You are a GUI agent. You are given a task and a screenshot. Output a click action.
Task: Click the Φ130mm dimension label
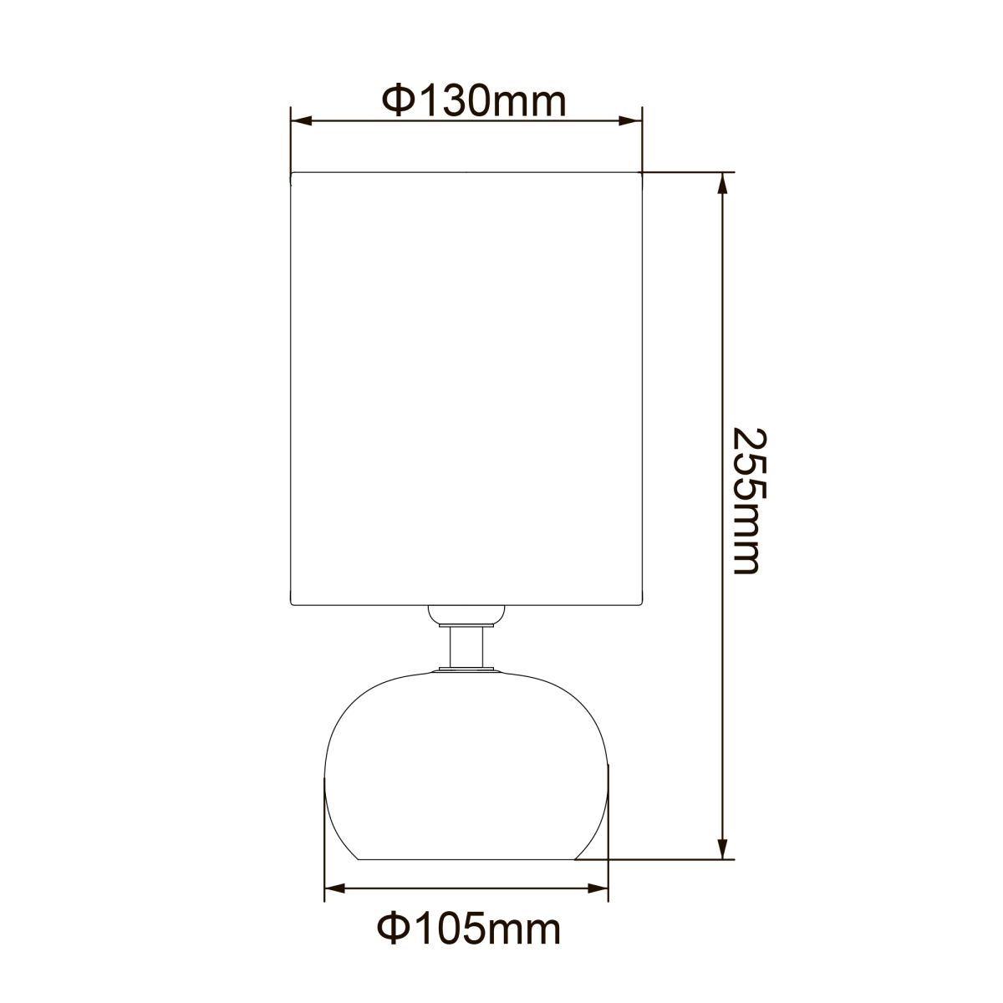click(x=474, y=102)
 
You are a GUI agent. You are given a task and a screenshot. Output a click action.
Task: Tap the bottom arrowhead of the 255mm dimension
click(x=723, y=848)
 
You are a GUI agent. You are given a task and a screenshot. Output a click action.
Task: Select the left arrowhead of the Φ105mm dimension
click(x=333, y=889)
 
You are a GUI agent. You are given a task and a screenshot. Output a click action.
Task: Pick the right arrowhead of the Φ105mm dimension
click(x=599, y=889)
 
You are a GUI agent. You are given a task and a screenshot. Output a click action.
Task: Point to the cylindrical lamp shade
click(x=466, y=384)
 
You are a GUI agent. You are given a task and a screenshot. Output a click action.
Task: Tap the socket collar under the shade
click(x=466, y=615)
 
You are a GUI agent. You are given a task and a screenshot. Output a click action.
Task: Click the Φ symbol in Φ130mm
click(x=397, y=102)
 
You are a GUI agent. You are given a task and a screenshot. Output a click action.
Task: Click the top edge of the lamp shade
click(x=466, y=172)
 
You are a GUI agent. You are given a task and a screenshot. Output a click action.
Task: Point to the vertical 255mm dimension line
click(x=723, y=334)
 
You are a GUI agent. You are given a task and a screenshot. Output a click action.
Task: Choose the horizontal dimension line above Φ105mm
click(x=466, y=889)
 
